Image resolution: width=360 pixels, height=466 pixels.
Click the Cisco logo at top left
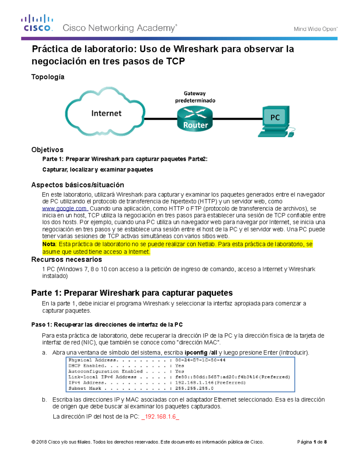(x=37, y=23)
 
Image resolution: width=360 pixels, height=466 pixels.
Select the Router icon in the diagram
(x=195, y=119)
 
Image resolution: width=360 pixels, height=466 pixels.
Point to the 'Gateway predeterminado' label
(x=195, y=97)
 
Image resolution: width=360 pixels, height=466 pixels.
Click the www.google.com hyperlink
(x=64, y=209)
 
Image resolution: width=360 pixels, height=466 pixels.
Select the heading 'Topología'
(x=48, y=77)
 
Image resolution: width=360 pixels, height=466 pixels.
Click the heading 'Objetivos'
(x=47, y=150)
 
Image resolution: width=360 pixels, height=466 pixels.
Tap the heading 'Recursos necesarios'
(x=67, y=260)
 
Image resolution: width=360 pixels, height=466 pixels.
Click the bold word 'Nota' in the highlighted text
(x=49, y=244)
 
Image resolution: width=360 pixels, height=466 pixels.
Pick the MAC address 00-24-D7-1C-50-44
(x=200, y=360)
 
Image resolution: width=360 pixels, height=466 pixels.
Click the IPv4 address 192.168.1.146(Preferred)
(x=210, y=383)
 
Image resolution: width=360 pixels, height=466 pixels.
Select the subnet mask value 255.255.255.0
(x=194, y=388)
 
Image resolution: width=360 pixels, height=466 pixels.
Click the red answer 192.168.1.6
(x=160, y=417)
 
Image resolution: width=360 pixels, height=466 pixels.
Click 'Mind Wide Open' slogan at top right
(x=315, y=29)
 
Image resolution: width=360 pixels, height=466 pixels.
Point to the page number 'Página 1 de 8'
(x=312, y=442)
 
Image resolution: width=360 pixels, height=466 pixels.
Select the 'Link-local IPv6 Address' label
(x=102, y=377)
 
